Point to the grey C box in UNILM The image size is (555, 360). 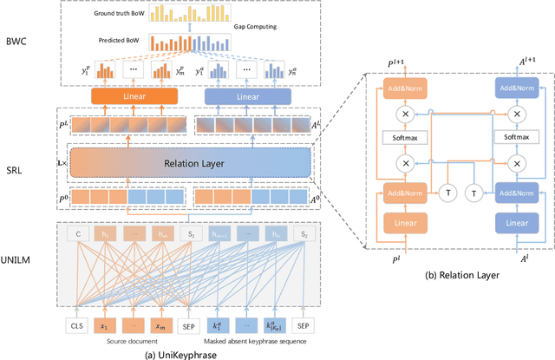[x=76, y=233]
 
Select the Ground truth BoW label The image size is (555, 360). [x=119, y=15]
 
